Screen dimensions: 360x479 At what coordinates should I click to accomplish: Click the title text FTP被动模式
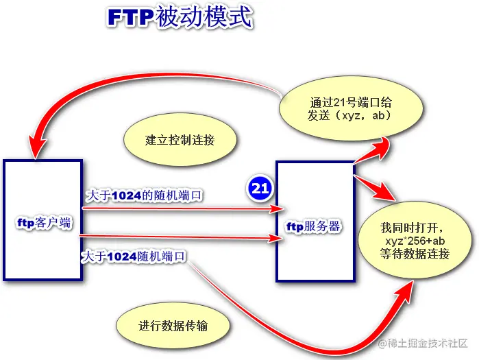pos(180,19)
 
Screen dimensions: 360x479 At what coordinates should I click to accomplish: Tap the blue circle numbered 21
pos(260,189)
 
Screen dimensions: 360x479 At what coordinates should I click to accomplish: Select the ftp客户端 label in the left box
pos(44,223)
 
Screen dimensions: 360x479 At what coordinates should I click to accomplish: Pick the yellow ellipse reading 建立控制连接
pos(180,140)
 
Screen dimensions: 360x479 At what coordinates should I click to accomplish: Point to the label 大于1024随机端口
pos(134,256)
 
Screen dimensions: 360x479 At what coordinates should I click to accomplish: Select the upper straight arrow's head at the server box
pos(277,208)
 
